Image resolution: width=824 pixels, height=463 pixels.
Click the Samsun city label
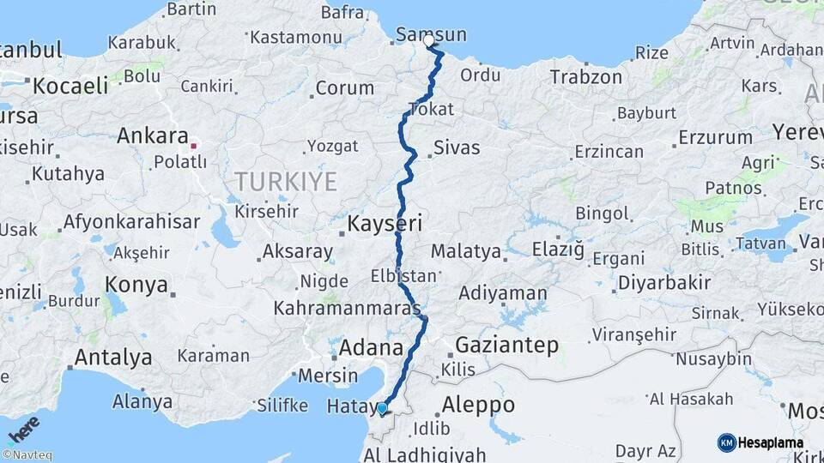coord(432,35)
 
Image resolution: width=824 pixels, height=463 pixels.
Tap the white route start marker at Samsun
coord(428,40)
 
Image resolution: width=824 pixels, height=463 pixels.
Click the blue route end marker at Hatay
coord(382,409)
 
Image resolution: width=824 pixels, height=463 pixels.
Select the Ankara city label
coord(152,135)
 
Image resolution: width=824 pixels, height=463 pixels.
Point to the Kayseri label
coord(385,225)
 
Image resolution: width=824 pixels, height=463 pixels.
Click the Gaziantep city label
coord(506,346)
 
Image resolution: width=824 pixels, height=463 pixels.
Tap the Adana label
coord(372,348)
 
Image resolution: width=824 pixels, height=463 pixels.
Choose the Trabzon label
coord(585,77)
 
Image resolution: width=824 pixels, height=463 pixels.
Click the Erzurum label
coord(715,137)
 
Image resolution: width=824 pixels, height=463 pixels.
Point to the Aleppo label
coord(477,405)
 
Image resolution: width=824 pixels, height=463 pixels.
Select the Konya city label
coord(136,286)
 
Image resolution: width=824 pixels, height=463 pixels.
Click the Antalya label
coord(113,357)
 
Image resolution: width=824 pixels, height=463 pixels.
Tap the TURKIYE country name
coord(286,181)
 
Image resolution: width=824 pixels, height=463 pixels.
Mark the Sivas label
coord(457,147)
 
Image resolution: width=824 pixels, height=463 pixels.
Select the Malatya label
coord(465,251)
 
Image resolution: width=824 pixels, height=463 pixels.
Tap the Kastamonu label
coord(296,38)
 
